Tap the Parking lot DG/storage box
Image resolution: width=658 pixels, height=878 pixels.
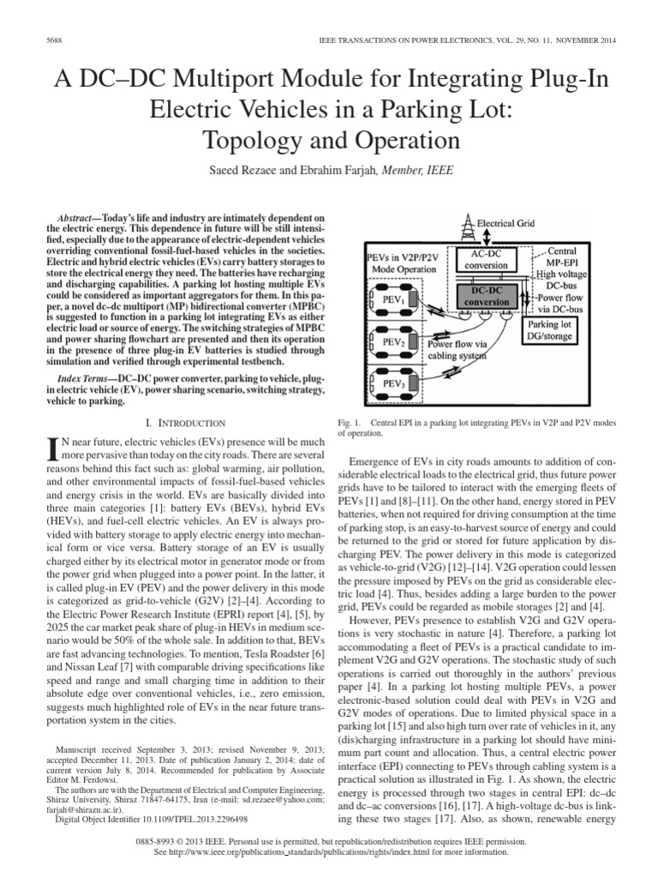553,331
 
